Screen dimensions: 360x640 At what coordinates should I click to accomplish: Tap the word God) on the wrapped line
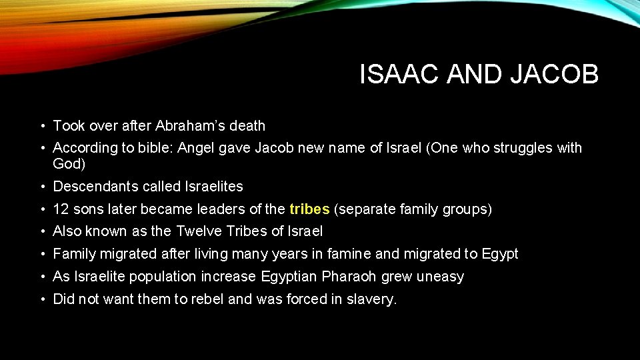click(69, 163)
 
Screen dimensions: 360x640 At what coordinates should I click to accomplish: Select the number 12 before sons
click(61, 209)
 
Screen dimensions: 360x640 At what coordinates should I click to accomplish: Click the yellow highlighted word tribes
click(309, 209)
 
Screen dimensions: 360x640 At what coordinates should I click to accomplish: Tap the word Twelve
click(200, 231)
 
